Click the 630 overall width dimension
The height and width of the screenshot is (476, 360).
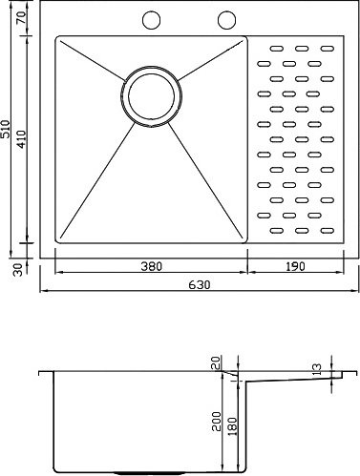[200, 284]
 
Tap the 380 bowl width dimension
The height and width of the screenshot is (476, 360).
[152, 266]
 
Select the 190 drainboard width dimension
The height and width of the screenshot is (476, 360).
[295, 266]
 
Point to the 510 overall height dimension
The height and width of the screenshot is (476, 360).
[6, 129]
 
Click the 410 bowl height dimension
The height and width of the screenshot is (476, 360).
[21, 139]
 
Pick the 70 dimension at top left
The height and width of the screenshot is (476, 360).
[22, 16]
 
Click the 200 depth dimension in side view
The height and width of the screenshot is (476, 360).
[217, 422]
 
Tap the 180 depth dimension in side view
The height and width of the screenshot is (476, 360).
[233, 426]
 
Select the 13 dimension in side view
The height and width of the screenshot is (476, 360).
[317, 369]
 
